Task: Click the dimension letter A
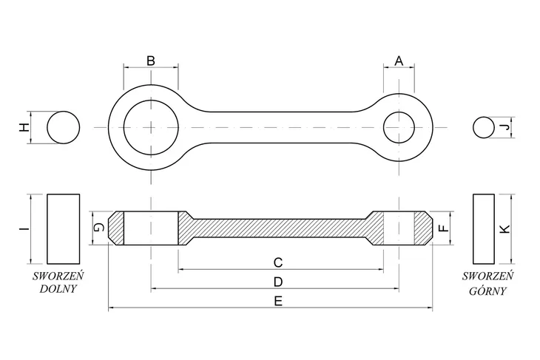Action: point(399,61)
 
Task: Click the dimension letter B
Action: point(151,61)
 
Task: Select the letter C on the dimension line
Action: point(278,262)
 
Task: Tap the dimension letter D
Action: point(278,282)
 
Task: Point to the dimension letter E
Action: point(278,302)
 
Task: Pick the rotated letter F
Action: point(445,228)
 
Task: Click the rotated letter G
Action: point(99,228)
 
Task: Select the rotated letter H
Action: point(24,127)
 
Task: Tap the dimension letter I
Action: point(23,228)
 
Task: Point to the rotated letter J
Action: point(505,127)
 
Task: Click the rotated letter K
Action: point(505,229)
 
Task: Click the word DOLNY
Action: point(58,289)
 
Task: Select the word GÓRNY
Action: point(487,291)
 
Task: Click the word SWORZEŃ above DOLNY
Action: point(58,276)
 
